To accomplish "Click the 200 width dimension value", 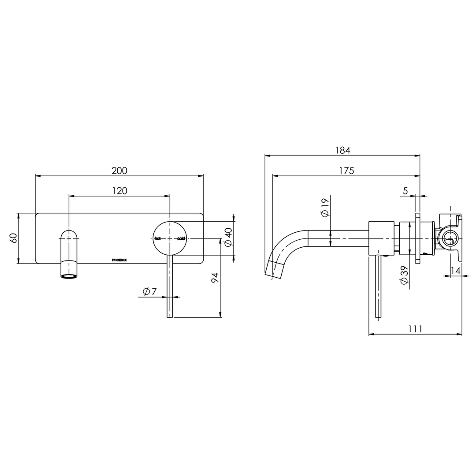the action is tap(119, 171).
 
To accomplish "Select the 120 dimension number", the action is tap(119, 191).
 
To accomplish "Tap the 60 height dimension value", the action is tap(13, 238).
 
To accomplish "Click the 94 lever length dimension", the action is tap(215, 278).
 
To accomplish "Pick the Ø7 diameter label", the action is tap(149, 292).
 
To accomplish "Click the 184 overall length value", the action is tap(342, 150).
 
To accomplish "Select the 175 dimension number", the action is tap(347, 171).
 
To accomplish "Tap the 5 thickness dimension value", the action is tap(405, 191).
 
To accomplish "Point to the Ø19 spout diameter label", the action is tap(325, 208).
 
